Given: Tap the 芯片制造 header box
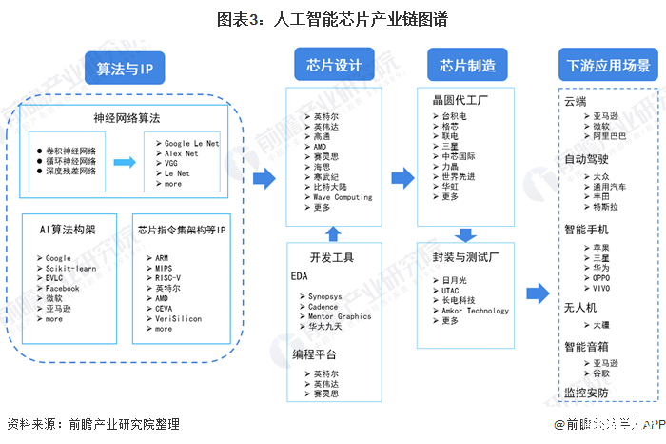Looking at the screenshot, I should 467,65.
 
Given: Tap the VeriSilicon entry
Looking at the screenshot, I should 177,318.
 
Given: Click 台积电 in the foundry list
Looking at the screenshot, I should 454,115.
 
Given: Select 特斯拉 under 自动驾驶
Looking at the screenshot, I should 601,207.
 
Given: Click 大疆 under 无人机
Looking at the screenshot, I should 599,324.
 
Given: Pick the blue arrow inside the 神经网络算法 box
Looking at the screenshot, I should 123,162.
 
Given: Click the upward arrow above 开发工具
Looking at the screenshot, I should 332,233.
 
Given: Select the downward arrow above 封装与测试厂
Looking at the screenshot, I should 466,234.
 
